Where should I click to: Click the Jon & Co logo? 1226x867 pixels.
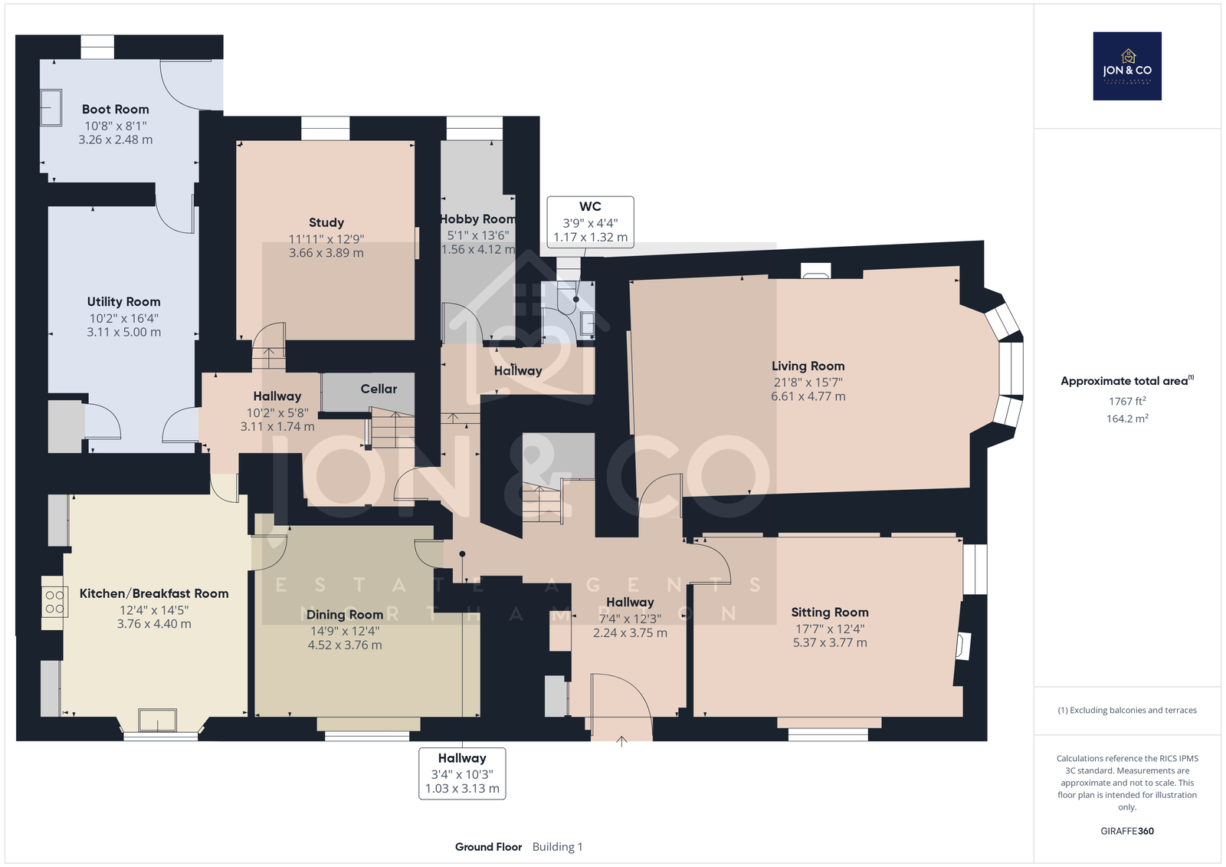(1127, 66)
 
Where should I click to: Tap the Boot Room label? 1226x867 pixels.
(116, 109)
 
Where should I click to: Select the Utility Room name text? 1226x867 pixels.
(123, 301)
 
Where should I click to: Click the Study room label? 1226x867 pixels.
(326, 222)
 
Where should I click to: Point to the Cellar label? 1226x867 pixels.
(379, 389)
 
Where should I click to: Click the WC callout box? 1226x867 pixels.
(591, 222)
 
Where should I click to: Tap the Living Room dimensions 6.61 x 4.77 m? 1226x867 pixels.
(808, 396)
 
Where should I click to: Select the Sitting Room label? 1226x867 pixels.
(830, 612)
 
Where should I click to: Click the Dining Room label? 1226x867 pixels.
(345, 615)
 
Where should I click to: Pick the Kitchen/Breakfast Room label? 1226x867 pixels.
(154, 593)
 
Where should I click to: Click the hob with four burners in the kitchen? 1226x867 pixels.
(54, 601)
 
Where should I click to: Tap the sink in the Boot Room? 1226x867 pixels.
(51, 107)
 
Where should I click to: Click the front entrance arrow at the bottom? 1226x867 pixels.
(621, 741)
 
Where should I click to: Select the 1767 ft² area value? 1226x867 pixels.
(1127, 401)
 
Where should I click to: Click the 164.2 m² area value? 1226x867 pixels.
(1127, 419)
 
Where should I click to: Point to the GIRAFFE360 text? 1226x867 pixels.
(1127, 831)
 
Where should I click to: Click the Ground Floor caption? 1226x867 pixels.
(488, 847)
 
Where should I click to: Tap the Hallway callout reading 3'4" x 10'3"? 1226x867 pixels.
(463, 773)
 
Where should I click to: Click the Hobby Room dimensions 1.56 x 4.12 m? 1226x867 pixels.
(478, 249)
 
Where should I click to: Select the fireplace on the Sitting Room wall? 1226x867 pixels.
(962, 645)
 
